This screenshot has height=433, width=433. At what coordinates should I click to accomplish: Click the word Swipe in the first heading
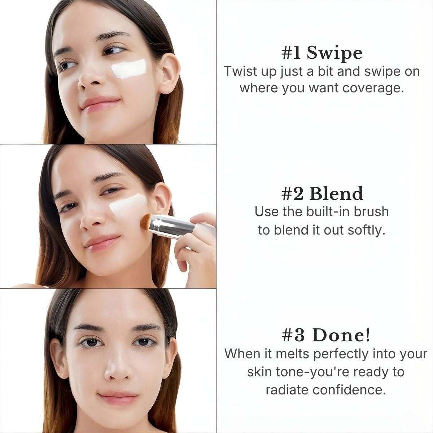pos(334,53)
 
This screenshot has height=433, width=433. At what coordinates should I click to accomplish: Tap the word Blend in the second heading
pos(336,194)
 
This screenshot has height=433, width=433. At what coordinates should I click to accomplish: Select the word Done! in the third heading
pos(341,335)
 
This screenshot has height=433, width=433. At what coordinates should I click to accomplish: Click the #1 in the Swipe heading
pos(291,53)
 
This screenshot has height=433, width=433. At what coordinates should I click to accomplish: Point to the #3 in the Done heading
pos(293,336)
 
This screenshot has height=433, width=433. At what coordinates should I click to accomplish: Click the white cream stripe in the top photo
pos(129,69)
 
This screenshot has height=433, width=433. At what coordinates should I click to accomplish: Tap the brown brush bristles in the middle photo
pos(146,221)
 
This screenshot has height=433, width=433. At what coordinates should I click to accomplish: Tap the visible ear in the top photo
pos(169,74)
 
